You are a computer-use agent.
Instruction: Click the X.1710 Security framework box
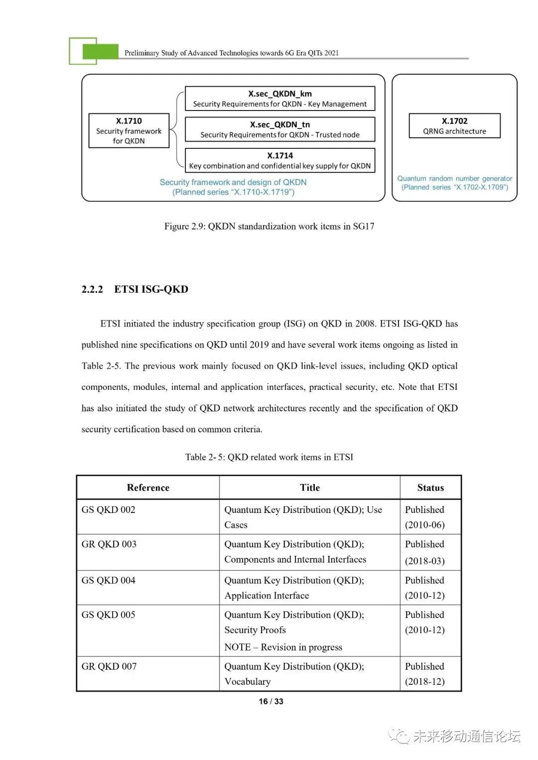pos(129,130)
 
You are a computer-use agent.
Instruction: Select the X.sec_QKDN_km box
pos(279,99)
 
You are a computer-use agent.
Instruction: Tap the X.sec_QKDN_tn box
pos(279,129)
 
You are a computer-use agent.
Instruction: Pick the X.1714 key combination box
pos(279,160)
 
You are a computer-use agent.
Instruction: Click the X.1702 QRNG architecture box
pos(454,126)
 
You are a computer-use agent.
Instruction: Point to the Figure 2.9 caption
pos(269,226)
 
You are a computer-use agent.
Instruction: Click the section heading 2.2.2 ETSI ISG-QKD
pos(134,289)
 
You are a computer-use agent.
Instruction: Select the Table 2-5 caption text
pos(269,457)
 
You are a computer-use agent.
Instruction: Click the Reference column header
pos(148,488)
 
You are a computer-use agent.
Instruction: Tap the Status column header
pos(430,488)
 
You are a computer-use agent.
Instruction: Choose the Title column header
pos(309,488)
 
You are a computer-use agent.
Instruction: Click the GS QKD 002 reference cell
pos(109,509)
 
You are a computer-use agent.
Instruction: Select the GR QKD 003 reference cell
pos(109,544)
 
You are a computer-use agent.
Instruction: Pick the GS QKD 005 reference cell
pos(109,615)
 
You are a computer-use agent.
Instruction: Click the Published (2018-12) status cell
pos(425,674)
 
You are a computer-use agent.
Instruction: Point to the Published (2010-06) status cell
pos(425,517)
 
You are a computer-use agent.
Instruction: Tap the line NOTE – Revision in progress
pos(283,647)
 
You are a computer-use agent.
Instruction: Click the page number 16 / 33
pos(271,701)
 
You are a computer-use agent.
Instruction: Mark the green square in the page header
pos(100,51)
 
